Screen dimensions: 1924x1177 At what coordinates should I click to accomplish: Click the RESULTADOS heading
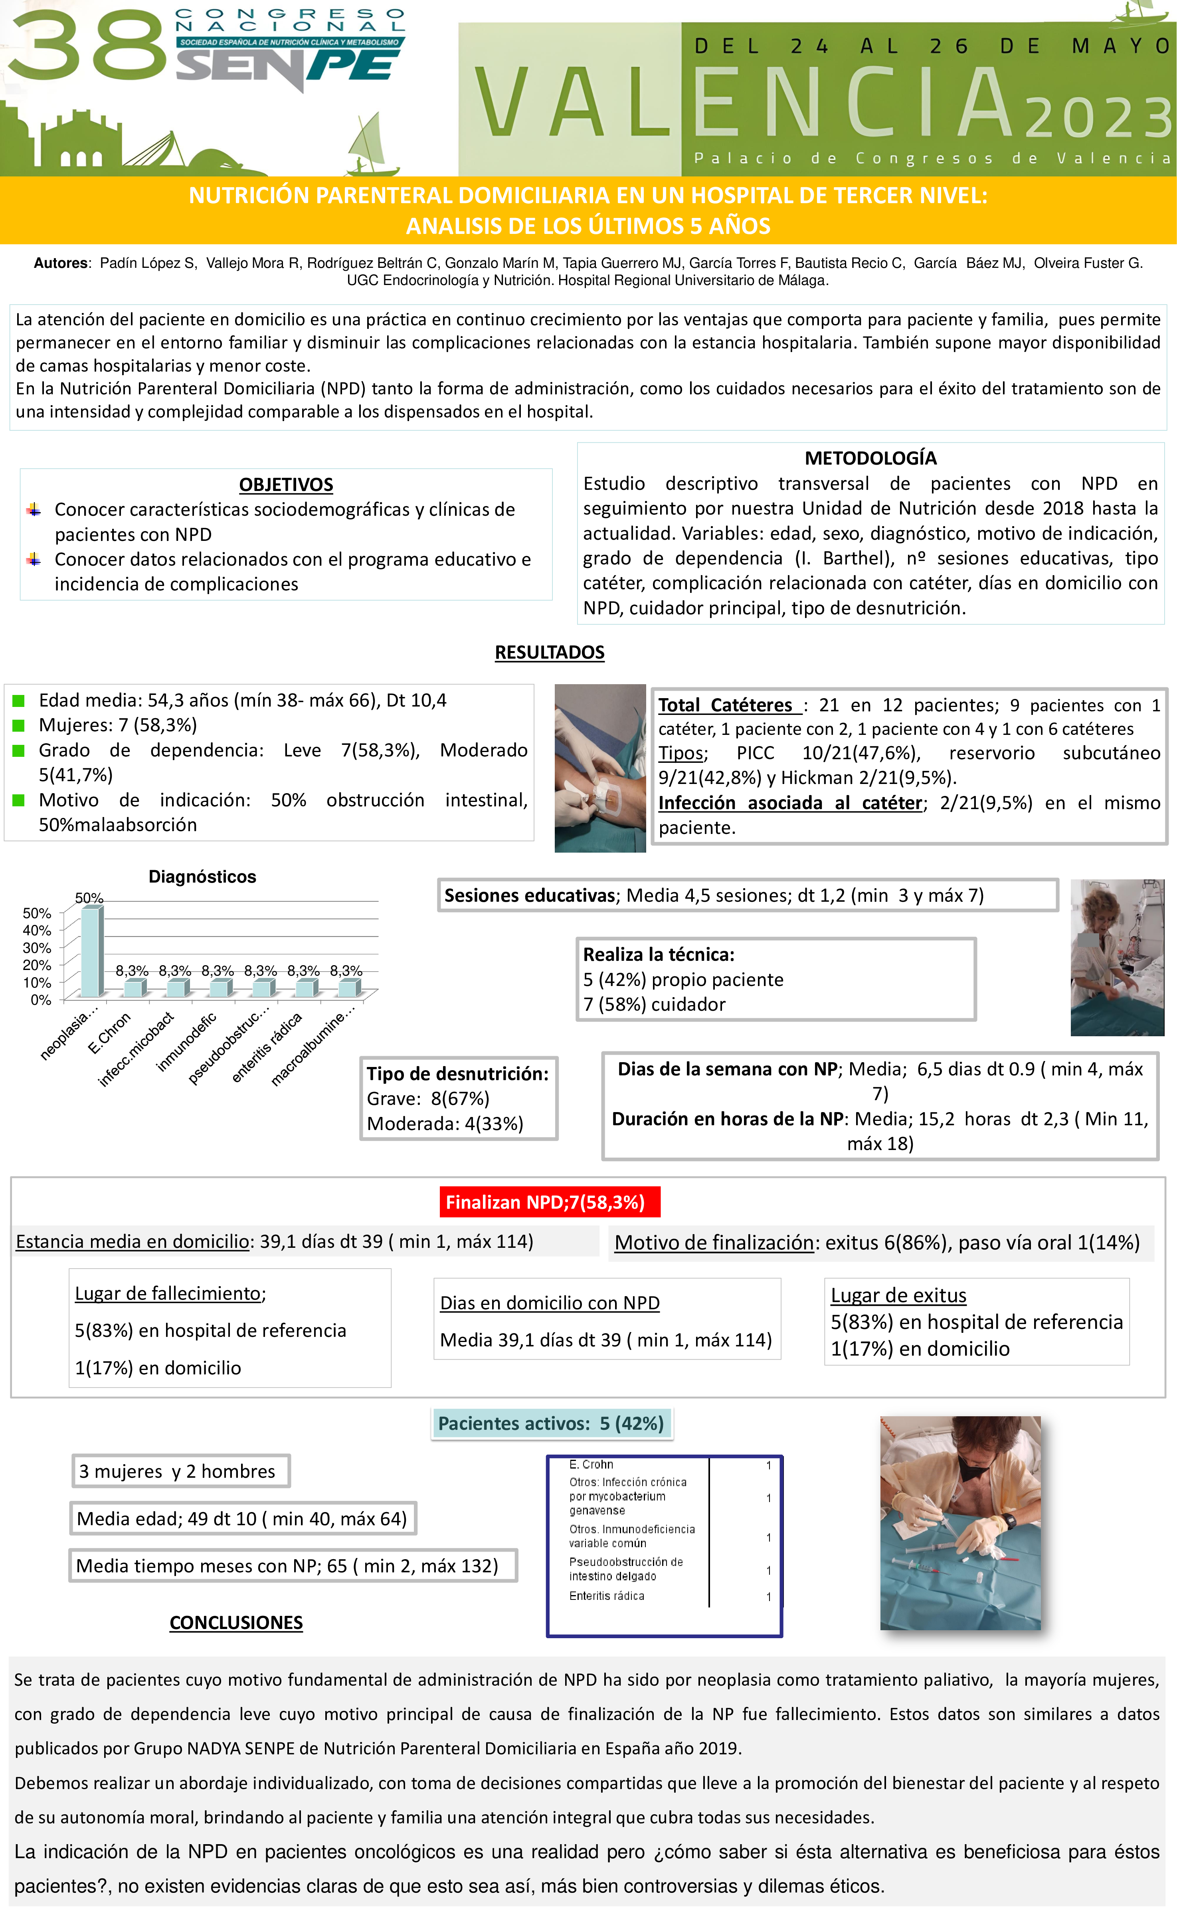click(x=550, y=652)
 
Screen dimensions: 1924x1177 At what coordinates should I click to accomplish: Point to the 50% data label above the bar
click(x=89, y=898)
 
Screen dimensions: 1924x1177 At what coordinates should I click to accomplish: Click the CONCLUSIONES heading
click(x=236, y=1623)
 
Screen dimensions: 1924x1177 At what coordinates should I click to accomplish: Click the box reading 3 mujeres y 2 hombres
click(x=179, y=1471)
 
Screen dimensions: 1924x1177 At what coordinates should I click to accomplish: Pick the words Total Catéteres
click(x=726, y=705)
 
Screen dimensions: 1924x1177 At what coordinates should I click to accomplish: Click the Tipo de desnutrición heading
click(x=457, y=1074)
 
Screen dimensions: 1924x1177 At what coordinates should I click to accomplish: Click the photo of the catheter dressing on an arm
click(x=599, y=768)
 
